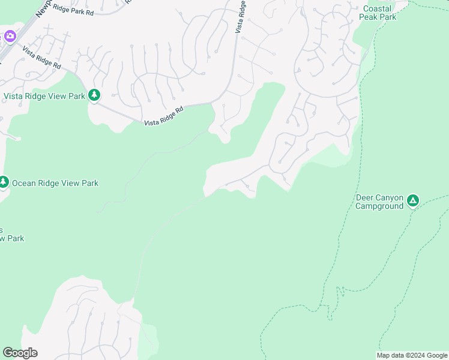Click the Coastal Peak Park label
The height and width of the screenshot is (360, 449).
pos(378,13)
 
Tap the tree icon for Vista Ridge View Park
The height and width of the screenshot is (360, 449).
pos(94,95)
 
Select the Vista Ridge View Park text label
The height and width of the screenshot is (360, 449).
pos(44,95)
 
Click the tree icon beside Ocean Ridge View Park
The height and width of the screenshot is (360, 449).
pos(4,182)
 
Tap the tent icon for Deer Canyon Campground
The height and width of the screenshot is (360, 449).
pos(412,200)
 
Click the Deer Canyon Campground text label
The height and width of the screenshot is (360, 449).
pos(379,202)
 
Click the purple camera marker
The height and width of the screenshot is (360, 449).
pos(10,36)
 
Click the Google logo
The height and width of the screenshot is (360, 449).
pos(20,353)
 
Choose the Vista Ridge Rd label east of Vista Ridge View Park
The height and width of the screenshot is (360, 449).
pos(163,116)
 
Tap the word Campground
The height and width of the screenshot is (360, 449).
pos(379,206)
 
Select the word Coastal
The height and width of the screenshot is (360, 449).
pos(378,8)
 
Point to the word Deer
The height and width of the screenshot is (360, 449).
pos(366,197)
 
